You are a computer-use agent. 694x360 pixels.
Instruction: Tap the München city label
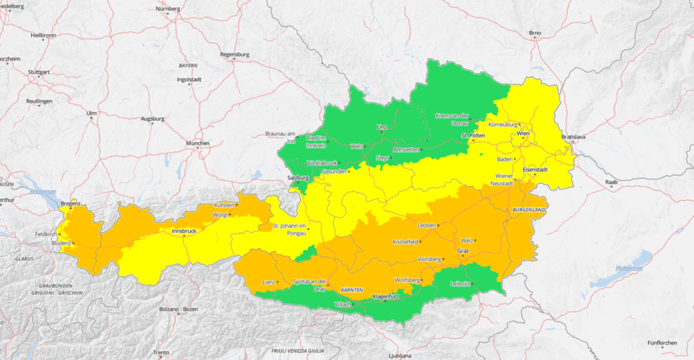(x=197, y=143)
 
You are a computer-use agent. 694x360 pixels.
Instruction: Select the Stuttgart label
(x=39, y=73)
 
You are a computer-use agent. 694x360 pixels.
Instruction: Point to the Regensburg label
(x=234, y=54)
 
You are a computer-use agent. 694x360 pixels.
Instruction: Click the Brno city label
(x=535, y=33)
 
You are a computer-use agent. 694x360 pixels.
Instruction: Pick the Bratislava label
(x=573, y=137)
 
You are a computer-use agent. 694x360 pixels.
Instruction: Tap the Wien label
(x=523, y=134)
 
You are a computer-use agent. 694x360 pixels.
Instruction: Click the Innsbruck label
(x=184, y=231)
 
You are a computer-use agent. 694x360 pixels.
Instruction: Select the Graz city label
(x=463, y=251)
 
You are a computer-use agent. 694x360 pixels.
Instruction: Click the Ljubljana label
(x=399, y=356)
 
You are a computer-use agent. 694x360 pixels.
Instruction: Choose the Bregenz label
(x=71, y=204)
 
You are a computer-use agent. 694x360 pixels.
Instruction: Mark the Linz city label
(x=382, y=127)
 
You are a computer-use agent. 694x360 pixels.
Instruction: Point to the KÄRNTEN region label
(x=351, y=289)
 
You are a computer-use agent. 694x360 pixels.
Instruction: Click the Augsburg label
(x=153, y=118)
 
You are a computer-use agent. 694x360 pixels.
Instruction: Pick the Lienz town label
(x=269, y=280)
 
